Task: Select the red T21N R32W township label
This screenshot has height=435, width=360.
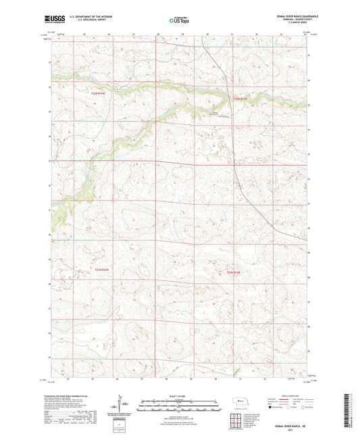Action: click(x=234, y=272)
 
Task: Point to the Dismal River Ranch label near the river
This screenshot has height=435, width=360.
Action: click(x=213, y=113)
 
